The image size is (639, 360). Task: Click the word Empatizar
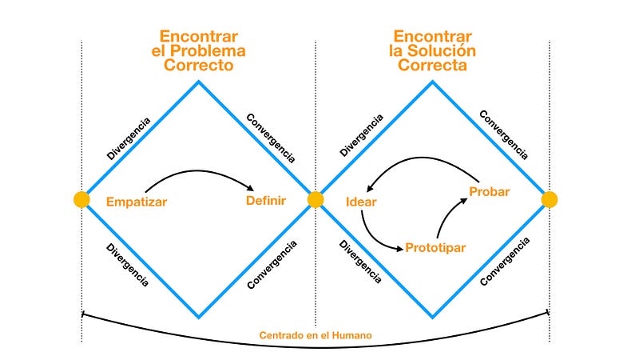coord(137,202)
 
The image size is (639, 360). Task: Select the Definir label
coord(266,201)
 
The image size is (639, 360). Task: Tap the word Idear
coord(361,202)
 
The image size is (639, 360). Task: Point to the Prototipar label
coord(435,247)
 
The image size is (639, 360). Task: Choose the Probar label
coord(490,192)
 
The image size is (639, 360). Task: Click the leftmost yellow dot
coord(81,199)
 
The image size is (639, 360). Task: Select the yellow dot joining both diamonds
coord(316,199)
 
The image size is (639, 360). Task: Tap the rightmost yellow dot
coord(550,199)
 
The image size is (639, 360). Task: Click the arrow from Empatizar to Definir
coord(200,170)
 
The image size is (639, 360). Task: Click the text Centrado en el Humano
coord(316,334)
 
